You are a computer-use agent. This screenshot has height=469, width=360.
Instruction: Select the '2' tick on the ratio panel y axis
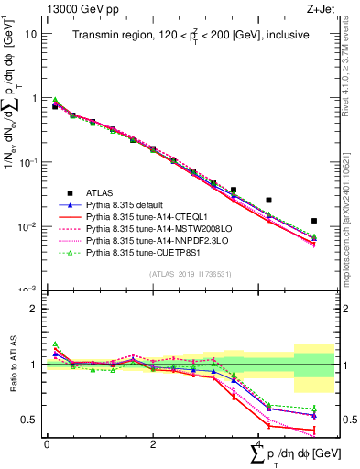coord(34,309)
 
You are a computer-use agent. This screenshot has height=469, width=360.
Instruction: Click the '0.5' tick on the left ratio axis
coord(30,420)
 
